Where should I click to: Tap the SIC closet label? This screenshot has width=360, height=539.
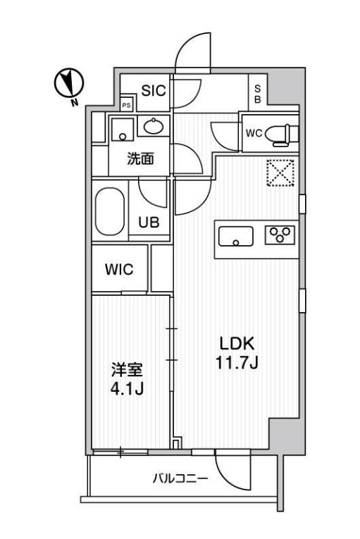[154, 90]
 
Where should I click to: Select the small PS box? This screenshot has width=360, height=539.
[127, 105]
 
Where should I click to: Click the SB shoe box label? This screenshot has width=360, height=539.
[257, 94]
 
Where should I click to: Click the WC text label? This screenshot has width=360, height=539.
[254, 132]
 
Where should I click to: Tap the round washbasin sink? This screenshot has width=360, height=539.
[154, 127]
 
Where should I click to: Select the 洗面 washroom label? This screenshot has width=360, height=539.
[139, 159]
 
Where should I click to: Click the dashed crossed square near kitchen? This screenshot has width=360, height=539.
[280, 173]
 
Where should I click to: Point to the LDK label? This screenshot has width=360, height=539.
[235, 345]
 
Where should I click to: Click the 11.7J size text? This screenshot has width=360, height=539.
[235, 364]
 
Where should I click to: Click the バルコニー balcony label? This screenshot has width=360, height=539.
[179, 480]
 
